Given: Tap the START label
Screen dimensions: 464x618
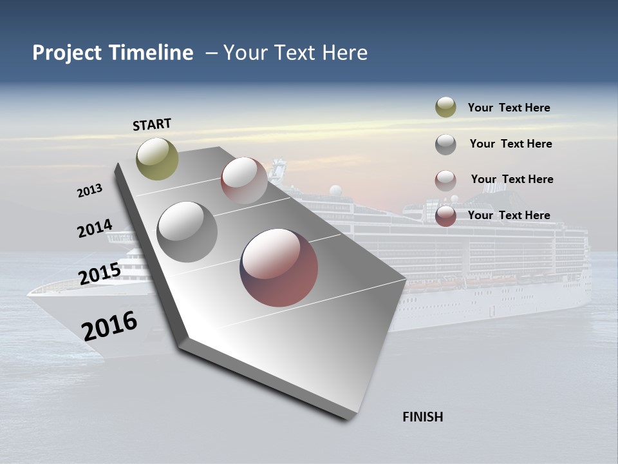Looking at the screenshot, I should [152, 124].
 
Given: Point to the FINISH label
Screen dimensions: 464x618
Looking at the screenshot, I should [423, 417].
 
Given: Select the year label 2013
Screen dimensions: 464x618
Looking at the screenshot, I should [90, 190].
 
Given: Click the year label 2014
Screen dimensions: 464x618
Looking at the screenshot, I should [95, 228].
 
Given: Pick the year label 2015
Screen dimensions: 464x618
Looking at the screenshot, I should [100, 274].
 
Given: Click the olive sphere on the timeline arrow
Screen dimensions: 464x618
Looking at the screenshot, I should [158, 159].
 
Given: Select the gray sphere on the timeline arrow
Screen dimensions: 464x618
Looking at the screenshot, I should [187, 232].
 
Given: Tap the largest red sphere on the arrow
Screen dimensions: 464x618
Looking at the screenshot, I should [279, 267].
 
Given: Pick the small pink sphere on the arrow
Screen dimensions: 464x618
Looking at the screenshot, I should [244, 180].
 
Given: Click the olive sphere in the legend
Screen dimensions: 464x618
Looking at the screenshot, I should [445, 108].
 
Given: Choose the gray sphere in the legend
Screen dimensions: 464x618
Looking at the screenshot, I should [445, 144].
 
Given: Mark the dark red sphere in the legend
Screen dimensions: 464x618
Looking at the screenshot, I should [445, 216].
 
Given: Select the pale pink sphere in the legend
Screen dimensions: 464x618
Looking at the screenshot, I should [445, 180].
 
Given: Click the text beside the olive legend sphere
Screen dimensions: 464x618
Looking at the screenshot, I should [509, 108].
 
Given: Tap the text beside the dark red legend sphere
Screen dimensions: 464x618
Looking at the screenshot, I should [509, 215].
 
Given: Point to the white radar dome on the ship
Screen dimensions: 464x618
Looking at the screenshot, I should [335, 191].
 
